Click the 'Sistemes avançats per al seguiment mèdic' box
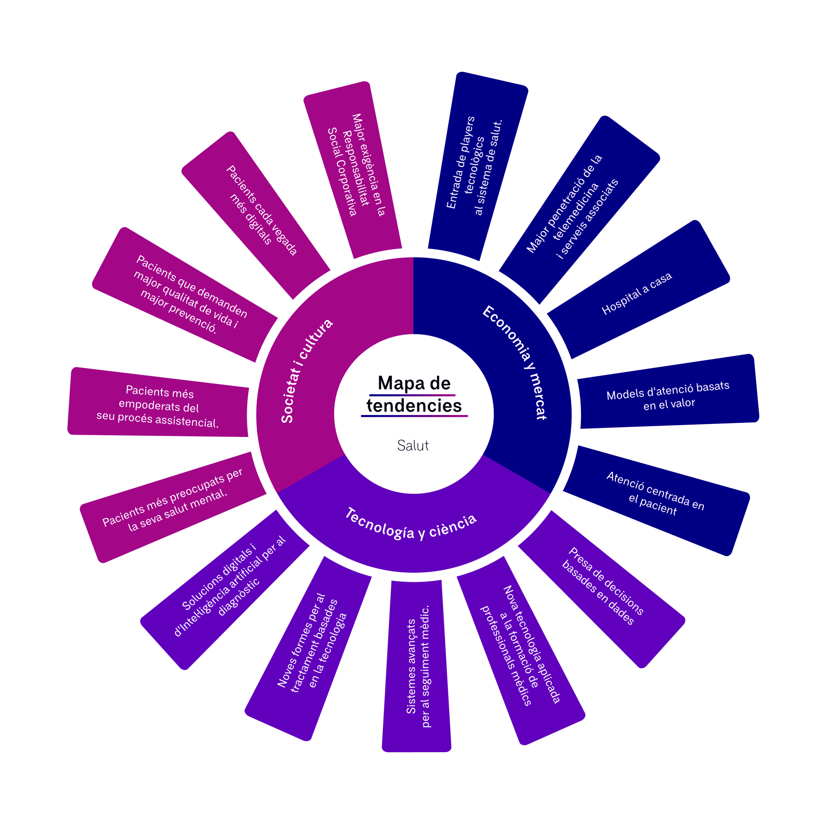[x=417, y=666]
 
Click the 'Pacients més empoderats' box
[x=158, y=406]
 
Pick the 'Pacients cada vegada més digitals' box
[x=261, y=210]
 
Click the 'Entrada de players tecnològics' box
[x=474, y=165]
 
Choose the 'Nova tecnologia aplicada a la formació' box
[x=521, y=645]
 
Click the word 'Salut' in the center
[x=413, y=445]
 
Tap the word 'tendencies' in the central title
[x=414, y=406]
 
